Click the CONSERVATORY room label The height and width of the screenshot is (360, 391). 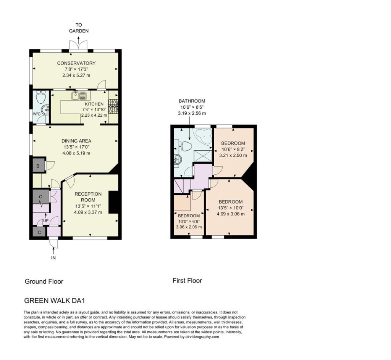76,63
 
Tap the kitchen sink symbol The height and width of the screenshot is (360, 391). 79,95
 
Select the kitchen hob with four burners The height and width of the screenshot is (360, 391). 113,106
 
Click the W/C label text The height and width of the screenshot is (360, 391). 37,114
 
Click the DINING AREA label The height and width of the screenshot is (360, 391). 76,141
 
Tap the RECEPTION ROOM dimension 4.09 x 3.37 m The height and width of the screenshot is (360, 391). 88,212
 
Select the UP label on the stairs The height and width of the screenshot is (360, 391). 46,220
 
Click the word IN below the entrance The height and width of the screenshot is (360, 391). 53,258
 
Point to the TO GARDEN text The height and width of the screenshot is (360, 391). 79,28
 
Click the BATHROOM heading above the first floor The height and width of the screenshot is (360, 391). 192,101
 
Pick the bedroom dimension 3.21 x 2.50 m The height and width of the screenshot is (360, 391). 233,155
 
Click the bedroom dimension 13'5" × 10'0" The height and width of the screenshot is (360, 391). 231,208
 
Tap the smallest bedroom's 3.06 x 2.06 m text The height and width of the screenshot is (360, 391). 189,227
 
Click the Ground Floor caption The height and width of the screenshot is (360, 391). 44,281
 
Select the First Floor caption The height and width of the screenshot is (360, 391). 187,281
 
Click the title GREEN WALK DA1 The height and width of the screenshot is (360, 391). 55,301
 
